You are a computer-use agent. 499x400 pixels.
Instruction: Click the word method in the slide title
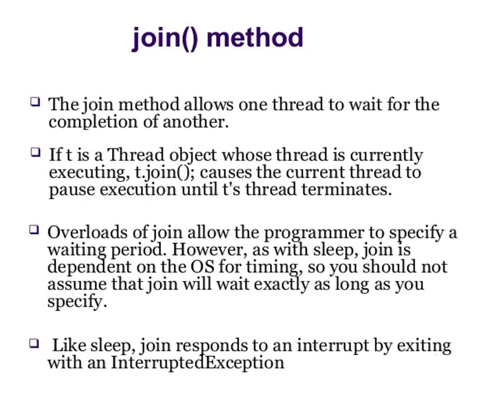(x=255, y=38)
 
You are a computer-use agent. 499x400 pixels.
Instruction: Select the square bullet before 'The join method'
(x=35, y=102)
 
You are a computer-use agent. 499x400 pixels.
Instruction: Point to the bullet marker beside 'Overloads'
(x=34, y=229)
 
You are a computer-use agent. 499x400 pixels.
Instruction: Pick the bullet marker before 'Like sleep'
(x=34, y=343)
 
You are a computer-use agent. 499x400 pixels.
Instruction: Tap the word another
(x=195, y=122)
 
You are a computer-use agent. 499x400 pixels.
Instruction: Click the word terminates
(x=346, y=190)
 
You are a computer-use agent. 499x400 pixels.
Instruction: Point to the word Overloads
(x=87, y=232)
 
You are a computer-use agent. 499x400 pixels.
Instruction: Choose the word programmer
(x=314, y=233)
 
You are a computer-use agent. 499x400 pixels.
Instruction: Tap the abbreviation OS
(x=202, y=267)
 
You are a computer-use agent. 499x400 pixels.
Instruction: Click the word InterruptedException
(x=197, y=362)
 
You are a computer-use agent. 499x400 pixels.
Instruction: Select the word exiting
(x=424, y=346)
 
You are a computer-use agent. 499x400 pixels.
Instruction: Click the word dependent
(x=89, y=267)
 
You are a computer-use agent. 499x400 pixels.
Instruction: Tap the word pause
(x=72, y=190)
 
